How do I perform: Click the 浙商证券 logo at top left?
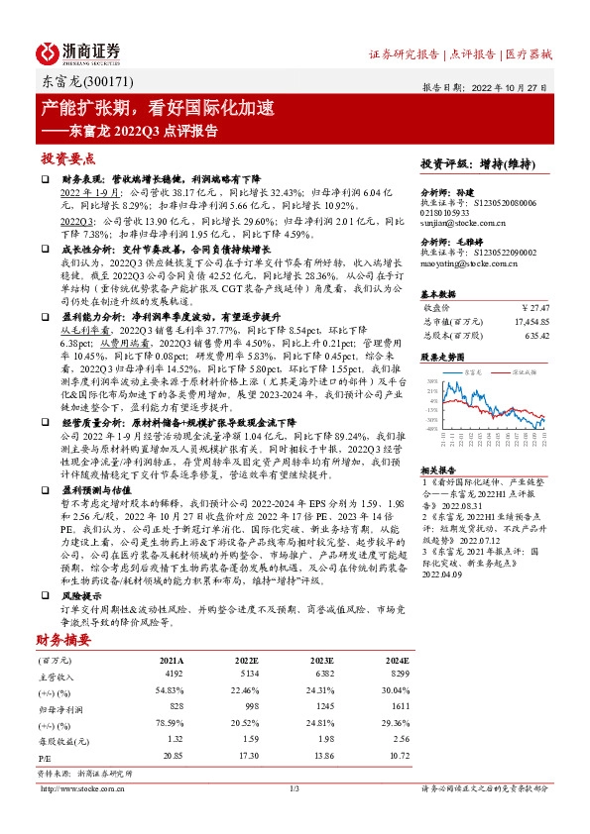[78, 52]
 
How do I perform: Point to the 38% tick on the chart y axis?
[430, 380]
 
